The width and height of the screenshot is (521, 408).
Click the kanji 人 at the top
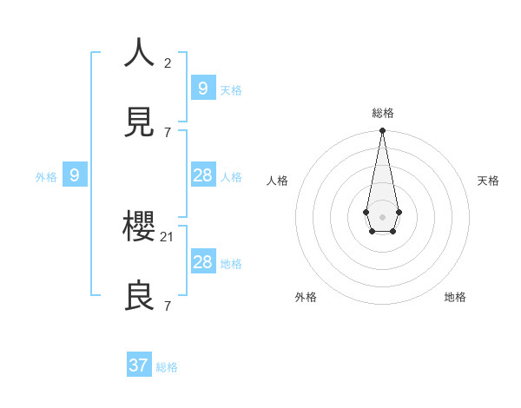(x=140, y=53)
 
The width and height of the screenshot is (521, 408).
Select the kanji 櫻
(x=140, y=227)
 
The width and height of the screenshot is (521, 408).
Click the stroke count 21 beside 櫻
(x=168, y=236)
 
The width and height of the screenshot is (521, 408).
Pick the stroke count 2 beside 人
(x=168, y=63)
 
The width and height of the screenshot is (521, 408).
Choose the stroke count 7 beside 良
(x=168, y=306)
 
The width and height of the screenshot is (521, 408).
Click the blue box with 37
(x=139, y=365)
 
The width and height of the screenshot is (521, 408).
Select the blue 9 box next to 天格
(x=202, y=88)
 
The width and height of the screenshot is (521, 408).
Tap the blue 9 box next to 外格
(x=75, y=175)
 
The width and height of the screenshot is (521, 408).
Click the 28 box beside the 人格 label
(x=202, y=175)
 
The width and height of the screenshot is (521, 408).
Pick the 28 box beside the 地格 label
(x=202, y=262)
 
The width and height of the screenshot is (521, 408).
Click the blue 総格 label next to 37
(x=167, y=367)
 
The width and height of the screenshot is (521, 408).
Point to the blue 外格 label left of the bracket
(x=46, y=177)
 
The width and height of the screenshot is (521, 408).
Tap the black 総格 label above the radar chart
(x=383, y=113)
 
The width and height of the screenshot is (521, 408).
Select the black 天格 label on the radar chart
(x=489, y=181)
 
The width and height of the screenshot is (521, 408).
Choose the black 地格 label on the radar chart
(x=455, y=297)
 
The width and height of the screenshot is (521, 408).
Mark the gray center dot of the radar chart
(x=382, y=216)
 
